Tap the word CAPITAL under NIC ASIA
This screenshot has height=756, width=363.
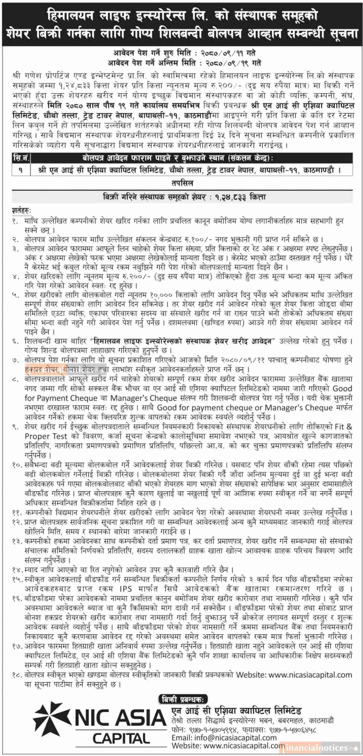(x=121, y=739)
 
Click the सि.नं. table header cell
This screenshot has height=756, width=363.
(x=21, y=158)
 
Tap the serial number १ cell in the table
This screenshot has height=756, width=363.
(x=21, y=170)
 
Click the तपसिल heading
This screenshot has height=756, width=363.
(x=182, y=183)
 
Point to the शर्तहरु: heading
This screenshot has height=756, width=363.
(x=21, y=210)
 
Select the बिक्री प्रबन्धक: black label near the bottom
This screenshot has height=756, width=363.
(x=183, y=700)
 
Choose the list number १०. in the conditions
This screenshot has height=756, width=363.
(x=17, y=465)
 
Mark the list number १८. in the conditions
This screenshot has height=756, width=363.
(x=17, y=675)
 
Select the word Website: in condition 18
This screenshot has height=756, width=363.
(x=251, y=675)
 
